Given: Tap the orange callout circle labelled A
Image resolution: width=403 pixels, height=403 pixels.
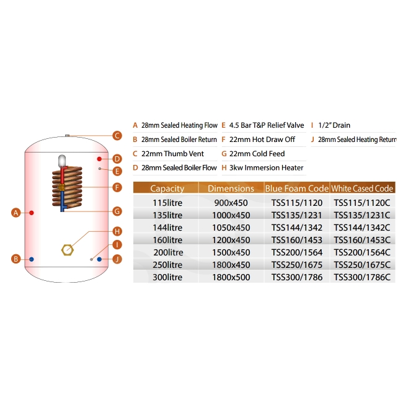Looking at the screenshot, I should [x=16, y=213].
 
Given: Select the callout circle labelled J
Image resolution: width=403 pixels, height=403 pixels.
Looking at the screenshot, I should [x=116, y=259].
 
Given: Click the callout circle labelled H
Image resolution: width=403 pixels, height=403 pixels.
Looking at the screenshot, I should [x=116, y=231].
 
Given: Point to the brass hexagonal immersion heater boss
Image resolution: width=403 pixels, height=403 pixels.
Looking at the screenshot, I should [x=66, y=249].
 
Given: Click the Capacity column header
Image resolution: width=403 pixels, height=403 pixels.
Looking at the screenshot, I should [x=167, y=188].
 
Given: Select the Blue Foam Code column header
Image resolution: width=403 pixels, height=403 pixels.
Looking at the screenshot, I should [x=296, y=188].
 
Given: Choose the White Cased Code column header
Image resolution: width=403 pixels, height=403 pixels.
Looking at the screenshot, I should [x=362, y=188].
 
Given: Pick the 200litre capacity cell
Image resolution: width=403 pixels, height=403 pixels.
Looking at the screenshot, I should [x=167, y=252].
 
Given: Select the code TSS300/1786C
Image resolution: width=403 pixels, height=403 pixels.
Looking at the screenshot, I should [x=363, y=277].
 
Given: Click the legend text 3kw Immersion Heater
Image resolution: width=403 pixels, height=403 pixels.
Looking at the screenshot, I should [x=266, y=167].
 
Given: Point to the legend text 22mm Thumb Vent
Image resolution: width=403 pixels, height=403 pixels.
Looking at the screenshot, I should [x=167, y=153].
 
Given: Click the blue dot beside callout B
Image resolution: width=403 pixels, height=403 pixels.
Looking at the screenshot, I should [x=32, y=259].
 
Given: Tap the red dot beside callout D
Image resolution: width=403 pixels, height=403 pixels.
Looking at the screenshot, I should [x=99, y=159].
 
